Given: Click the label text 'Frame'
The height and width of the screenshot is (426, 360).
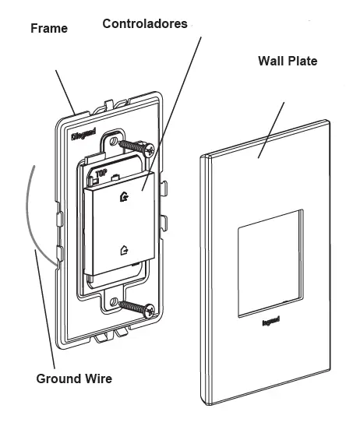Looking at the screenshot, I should pyautogui.click(x=48, y=29).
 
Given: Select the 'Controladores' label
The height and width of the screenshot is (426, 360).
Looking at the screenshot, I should pyautogui.click(x=145, y=23).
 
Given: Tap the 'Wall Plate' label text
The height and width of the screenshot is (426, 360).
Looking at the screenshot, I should pyautogui.click(x=288, y=61).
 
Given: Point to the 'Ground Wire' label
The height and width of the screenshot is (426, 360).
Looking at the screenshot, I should pyautogui.click(x=74, y=379).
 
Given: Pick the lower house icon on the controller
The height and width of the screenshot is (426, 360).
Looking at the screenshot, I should pyautogui.click(x=124, y=250).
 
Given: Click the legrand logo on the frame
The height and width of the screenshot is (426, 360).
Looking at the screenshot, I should pyautogui.click(x=85, y=132).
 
